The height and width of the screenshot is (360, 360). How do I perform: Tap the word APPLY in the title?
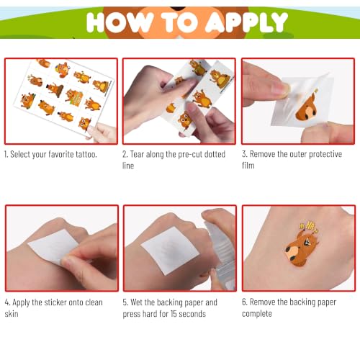[247, 22]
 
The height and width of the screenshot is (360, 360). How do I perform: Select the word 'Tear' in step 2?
[137, 154]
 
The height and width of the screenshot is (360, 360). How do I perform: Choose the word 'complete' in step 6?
[257, 314]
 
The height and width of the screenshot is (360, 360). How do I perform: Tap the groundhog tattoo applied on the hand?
[303, 246]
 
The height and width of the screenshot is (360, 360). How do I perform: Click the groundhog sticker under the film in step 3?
[307, 106]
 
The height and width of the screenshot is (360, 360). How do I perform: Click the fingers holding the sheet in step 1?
[102, 132]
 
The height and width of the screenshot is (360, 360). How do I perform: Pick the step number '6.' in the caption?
[245, 302]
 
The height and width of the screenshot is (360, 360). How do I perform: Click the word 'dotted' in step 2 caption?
[215, 154]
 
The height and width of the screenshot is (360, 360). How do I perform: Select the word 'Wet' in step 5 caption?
[137, 302]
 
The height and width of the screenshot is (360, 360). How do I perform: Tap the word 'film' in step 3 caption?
[248, 166]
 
